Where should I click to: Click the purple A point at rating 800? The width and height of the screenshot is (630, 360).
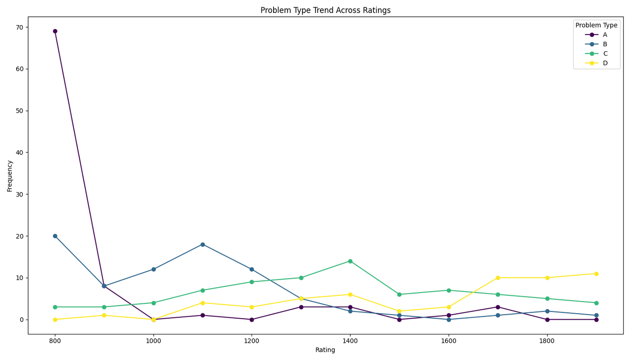click(x=55, y=31)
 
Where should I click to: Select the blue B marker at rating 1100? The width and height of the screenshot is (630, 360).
click(x=202, y=244)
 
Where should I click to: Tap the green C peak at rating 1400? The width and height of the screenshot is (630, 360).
click(x=350, y=261)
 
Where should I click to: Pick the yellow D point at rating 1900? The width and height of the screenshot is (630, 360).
click(x=596, y=273)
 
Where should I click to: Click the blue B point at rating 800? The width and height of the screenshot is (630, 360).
click(x=55, y=236)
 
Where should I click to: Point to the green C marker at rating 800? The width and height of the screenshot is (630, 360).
click(x=55, y=307)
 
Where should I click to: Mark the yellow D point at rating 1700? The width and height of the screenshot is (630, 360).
click(x=498, y=278)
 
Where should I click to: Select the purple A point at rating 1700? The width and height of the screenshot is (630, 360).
click(x=498, y=307)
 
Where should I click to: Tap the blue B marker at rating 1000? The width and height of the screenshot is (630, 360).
click(x=154, y=269)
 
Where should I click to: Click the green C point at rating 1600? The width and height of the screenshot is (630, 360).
click(x=448, y=290)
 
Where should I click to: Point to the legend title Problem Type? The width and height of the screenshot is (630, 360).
click(x=596, y=25)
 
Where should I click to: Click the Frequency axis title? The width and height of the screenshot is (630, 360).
click(x=10, y=176)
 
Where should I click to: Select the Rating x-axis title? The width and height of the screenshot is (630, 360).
click(x=325, y=350)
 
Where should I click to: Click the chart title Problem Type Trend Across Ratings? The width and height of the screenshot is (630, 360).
click(x=325, y=10)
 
